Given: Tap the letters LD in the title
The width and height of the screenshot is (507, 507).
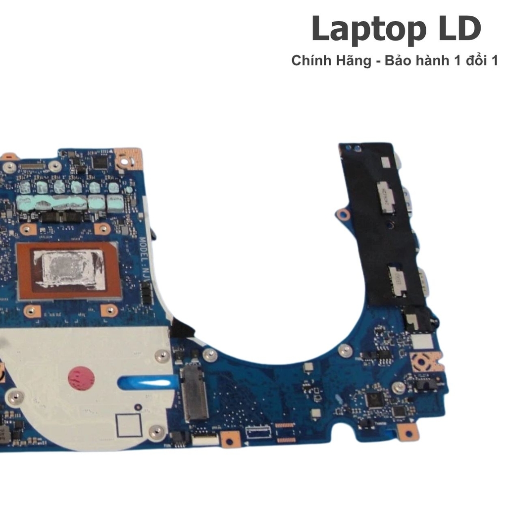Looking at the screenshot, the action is [458, 30].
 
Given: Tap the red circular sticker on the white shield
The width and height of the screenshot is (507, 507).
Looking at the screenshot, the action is [81, 378].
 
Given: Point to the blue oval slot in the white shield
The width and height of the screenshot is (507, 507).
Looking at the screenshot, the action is [148, 382].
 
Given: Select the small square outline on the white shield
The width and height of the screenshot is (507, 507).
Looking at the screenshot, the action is [129, 425].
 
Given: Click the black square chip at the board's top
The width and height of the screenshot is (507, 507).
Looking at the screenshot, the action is [100, 161].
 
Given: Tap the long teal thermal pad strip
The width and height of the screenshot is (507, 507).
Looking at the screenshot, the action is [52, 203].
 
